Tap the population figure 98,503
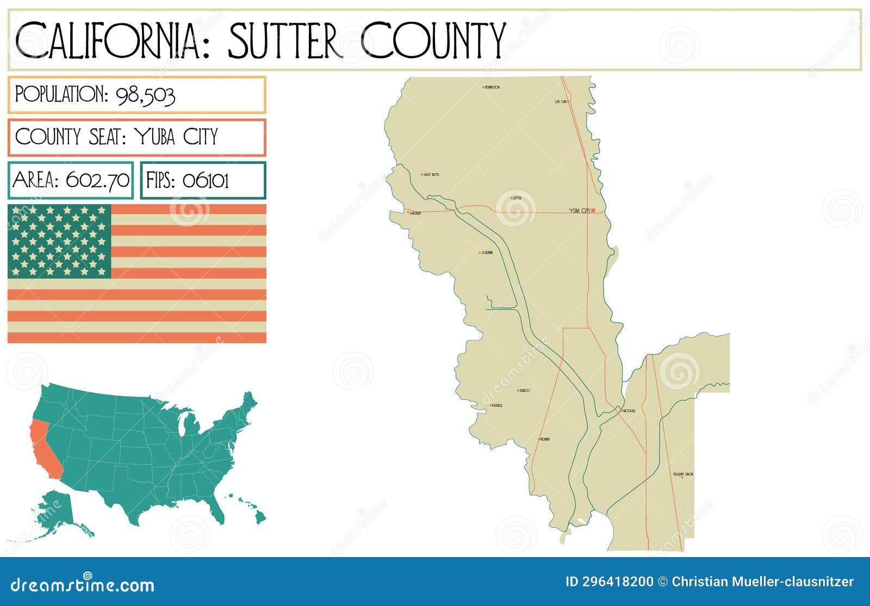[x=146, y=96]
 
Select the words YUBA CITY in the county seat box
[x=176, y=137]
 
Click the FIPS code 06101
[x=206, y=180]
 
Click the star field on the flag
[x=59, y=241]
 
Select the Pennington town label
[x=492, y=87]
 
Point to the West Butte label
[x=431, y=175]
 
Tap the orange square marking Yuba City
[x=593, y=211]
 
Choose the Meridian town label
[x=415, y=213]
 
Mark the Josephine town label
[x=487, y=252]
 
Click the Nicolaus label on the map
[x=629, y=411]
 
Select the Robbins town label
[x=545, y=439]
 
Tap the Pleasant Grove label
[x=683, y=474]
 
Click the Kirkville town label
[x=497, y=405]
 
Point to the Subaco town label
[x=525, y=391]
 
